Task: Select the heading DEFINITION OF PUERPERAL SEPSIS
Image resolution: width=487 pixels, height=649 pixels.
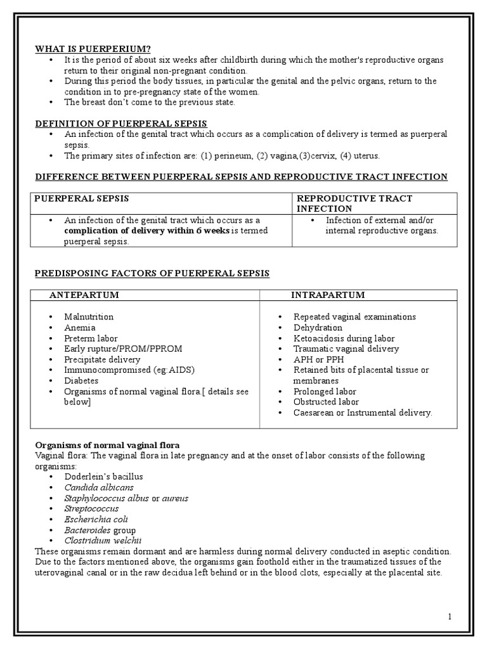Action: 120,123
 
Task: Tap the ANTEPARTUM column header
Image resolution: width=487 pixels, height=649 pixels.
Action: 84,295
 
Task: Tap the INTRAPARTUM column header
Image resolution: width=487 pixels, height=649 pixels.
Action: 327,295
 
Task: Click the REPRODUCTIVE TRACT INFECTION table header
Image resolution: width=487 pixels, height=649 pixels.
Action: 354,203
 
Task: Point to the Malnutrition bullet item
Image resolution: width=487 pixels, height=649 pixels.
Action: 89,316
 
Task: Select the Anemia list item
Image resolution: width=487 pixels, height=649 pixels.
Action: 80,328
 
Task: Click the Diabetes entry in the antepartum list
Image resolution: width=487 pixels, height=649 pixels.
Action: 81,380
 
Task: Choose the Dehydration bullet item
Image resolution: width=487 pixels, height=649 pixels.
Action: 317,328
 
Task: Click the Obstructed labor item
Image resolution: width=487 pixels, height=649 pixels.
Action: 326,402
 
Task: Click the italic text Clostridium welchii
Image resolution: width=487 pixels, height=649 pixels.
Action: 102,541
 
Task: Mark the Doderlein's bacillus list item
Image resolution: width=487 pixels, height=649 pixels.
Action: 103,477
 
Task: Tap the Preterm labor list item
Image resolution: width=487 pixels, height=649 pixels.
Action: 91,338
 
